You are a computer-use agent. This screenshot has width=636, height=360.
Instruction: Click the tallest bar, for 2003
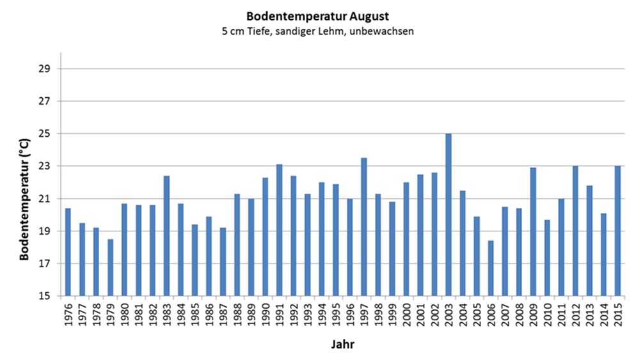(x=448, y=214)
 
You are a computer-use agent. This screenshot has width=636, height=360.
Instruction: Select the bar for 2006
(x=491, y=268)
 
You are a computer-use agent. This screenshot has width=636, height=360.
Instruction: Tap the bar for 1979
(x=110, y=267)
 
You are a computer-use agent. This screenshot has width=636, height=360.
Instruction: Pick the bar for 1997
(x=364, y=226)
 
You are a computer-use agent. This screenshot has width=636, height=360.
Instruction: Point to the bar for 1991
(x=280, y=230)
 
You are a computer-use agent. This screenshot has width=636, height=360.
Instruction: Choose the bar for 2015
(x=617, y=231)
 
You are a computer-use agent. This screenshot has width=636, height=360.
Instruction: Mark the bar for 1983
(x=167, y=235)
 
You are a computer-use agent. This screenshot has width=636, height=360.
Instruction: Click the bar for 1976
(x=68, y=252)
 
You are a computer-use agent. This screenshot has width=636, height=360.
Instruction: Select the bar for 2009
(x=533, y=231)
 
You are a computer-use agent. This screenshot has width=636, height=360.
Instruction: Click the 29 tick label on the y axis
(x=45, y=68)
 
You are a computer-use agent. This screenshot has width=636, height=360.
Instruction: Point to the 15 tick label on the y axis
(x=45, y=296)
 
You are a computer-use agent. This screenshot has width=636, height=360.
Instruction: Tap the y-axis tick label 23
(x=45, y=166)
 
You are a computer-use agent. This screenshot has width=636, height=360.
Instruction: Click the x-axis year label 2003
(x=449, y=315)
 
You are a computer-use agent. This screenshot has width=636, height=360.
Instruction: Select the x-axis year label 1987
(x=223, y=315)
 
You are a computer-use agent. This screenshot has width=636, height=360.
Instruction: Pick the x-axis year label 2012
(x=576, y=315)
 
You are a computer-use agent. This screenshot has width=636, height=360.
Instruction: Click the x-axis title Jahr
(x=343, y=345)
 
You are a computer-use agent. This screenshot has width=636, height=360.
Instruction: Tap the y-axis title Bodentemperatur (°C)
(x=24, y=200)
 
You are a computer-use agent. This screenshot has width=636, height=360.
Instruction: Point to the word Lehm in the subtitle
(x=334, y=31)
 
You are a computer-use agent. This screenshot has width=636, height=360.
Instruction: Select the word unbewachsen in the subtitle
(x=382, y=31)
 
